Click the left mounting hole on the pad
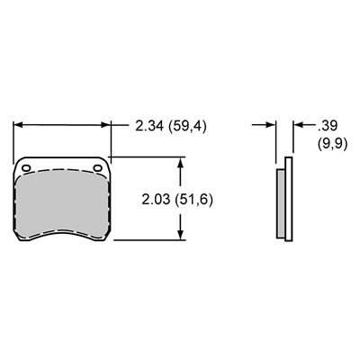26,167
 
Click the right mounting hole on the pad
98,167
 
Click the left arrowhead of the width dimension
17,127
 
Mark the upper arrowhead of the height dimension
182,163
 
